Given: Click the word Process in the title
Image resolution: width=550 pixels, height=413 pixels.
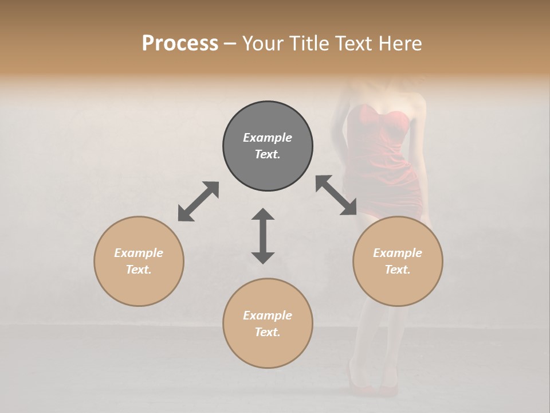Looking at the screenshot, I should [x=180, y=44].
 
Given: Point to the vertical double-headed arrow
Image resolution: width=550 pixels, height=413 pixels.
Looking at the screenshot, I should [x=263, y=236].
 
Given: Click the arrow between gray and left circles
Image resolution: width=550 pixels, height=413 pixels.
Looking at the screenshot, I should [x=198, y=201].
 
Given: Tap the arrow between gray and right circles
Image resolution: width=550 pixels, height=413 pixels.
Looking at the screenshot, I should [x=336, y=196].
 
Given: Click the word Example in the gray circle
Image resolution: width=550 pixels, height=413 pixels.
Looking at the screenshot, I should [x=268, y=138].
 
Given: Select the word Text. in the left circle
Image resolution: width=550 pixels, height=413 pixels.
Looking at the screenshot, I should [x=139, y=270].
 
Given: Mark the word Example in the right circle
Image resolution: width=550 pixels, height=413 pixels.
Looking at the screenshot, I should [x=398, y=253].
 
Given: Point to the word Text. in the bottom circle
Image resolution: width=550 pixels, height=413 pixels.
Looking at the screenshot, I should [x=268, y=332].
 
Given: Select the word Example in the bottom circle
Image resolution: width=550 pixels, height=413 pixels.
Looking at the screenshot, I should [x=268, y=315].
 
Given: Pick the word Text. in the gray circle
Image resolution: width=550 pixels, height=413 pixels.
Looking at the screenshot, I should [x=268, y=154].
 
